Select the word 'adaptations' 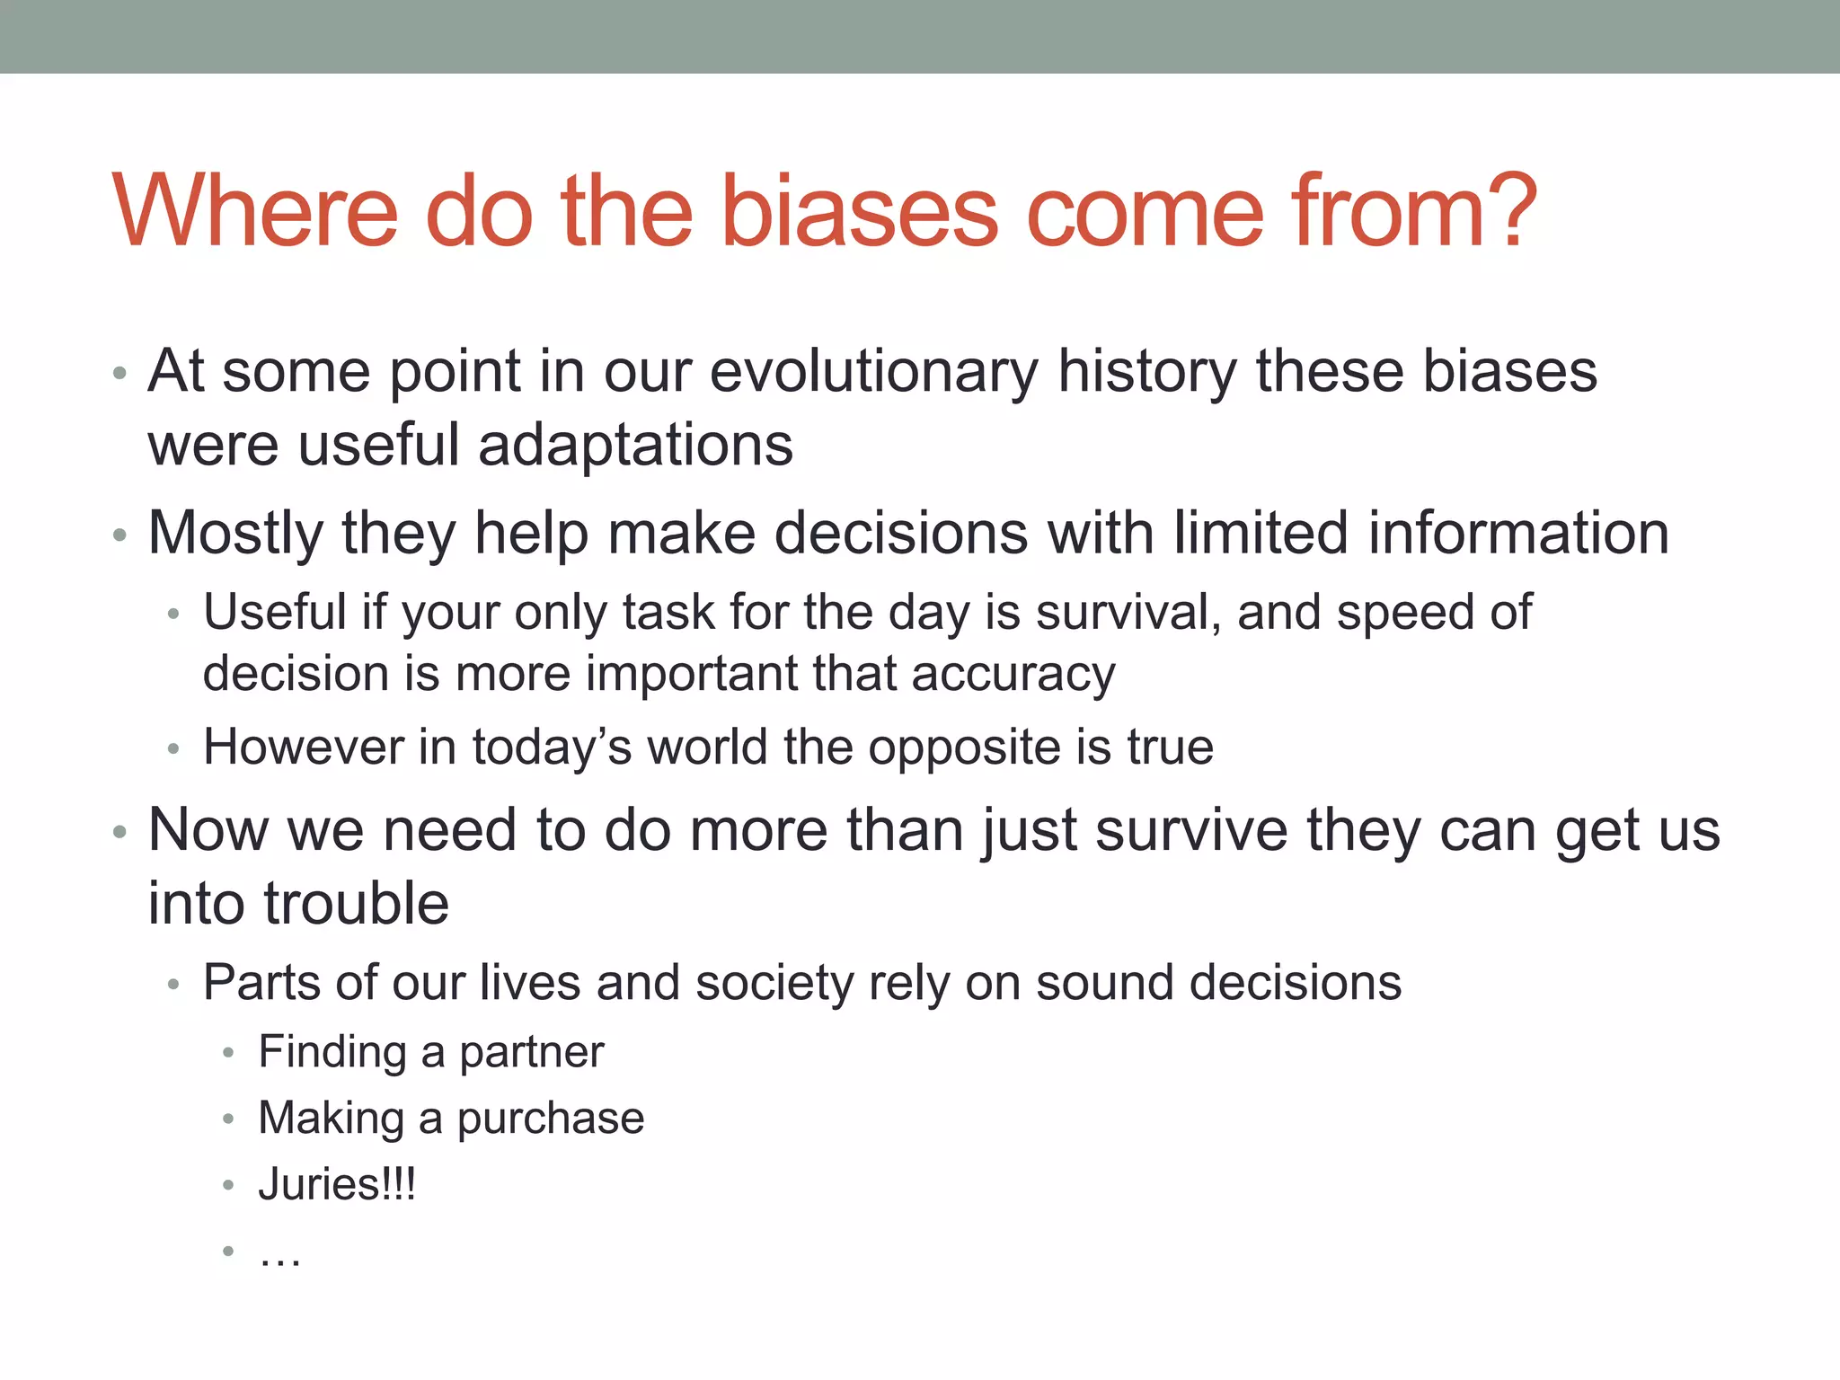pyautogui.click(x=635, y=445)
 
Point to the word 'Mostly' pyautogui.click(x=234, y=533)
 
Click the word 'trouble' pyautogui.click(x=356, y=903)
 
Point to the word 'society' pyautogui.click(x=774, y=982)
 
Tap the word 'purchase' pyautogui.click(x=550, y=1119)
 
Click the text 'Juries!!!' pyautogui.click(x=337, y=1184)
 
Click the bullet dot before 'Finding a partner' pyautogui.click(x=228, y=1052)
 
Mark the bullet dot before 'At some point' pyautogui.click(x=119, y=373)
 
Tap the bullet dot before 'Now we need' pyautogui.click(x=119, y=832)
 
